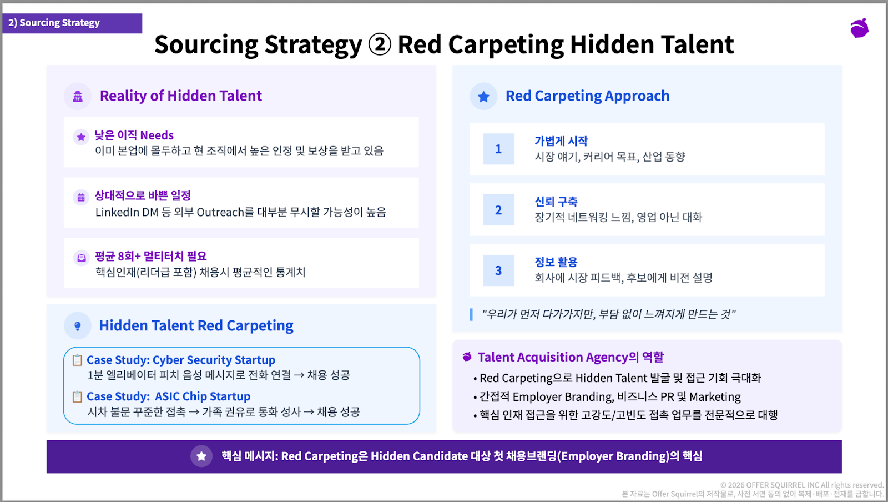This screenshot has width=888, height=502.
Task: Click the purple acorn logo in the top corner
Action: pos(860,28)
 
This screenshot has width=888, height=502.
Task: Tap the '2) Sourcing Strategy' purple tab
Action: pos(72,23)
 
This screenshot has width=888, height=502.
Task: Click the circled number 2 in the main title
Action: pos(380,44)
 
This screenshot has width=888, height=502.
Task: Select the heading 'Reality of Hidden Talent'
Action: pos(181,96)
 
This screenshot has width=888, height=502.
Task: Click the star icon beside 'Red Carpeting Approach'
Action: pos(483,97)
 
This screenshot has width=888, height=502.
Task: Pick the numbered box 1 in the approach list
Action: pos(499,149)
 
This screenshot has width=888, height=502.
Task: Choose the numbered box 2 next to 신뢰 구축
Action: pos(499,210)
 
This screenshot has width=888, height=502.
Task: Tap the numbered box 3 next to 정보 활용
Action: pos(499,270)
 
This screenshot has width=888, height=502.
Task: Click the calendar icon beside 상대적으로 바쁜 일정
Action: pos(81,198)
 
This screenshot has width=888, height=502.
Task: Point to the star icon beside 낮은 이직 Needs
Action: pos(81,137)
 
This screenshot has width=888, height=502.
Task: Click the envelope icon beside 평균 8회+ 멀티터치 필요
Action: pos(81,258)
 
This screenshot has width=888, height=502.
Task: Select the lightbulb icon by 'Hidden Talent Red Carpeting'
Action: pos(78,326)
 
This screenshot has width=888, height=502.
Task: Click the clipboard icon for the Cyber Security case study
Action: pos(77,360)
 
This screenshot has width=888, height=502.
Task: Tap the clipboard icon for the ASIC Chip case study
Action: pos(77,396)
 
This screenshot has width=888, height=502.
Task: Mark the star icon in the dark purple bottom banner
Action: pos(201,456)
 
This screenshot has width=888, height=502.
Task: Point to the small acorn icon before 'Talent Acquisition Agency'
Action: pos(467,357)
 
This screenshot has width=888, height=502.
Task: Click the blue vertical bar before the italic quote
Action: pos(471,314)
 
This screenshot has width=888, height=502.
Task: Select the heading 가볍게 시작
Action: pos(561,140)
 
